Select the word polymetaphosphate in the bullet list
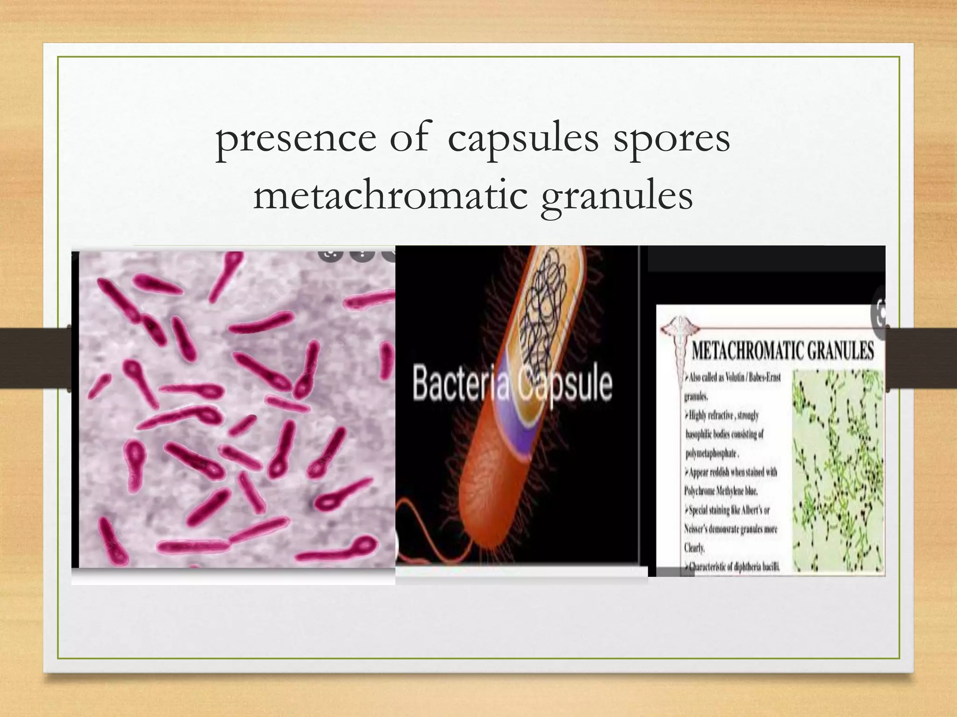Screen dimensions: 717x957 711,453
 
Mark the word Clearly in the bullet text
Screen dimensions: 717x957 694,548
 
